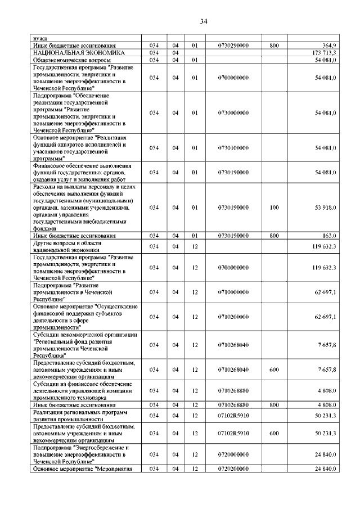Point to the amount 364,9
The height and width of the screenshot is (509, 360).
click(328, 45)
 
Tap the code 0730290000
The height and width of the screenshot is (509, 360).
click(236, 45)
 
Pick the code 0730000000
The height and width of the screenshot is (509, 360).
click(236, 113)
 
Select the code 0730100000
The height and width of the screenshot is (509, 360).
click(236, 148)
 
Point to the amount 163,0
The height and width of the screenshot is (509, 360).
click(330, 236)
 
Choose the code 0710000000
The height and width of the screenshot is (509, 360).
click(236, 292)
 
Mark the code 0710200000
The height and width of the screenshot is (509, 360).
click(236, 317)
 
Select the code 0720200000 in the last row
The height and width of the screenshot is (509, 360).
click(236, 469)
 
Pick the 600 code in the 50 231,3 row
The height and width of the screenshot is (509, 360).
click(274, 434)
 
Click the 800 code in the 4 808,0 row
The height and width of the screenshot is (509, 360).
click(274, 405)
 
